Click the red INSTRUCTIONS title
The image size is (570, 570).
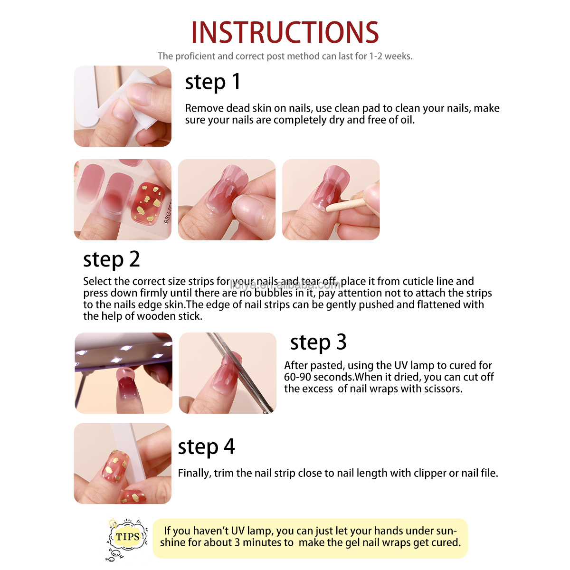[285, 32]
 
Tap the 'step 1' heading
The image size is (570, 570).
[213, 82]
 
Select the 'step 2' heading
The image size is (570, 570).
[111, 259]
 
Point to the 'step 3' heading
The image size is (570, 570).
[318, 342]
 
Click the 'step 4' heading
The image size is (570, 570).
[206, 446]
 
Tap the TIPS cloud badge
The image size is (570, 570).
[127, 536]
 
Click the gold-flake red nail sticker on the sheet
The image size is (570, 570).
[148, 203]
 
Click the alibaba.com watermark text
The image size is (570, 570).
[285, 285]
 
